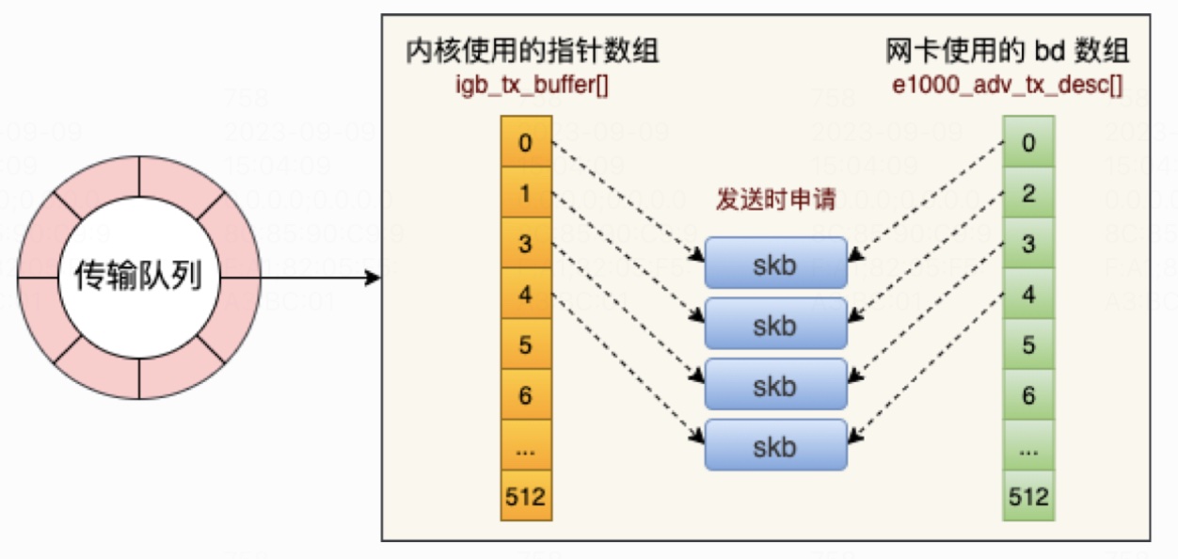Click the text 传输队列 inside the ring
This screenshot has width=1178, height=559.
click(x=138, y=278)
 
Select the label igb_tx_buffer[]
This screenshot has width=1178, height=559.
click(x=532, y=84)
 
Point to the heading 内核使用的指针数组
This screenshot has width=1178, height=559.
click(x=532, y=51)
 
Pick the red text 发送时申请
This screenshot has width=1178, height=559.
click(x=776, y=203)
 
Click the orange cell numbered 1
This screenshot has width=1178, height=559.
click(x=525, y=194)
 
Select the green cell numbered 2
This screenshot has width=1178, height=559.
click(x=1028, y=194)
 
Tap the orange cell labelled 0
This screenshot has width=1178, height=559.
click(x=525, y=143)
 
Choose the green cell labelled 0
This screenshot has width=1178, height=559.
click(x=1028, y=143)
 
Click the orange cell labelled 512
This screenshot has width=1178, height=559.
click(x=525, y=496)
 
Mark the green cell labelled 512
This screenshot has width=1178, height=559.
click(x=1028, y=496)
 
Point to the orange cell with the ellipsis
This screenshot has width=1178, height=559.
click(x=525, y=446)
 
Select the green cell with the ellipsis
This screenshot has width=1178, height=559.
click(x=1028, y=446)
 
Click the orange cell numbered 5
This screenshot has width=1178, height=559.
click(x=525, y=344)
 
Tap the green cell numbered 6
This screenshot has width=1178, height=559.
click(x=1028, y=395)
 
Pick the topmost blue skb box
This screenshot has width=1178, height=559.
click(x=776, y=264)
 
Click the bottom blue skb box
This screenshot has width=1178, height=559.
click(x=776, y=446)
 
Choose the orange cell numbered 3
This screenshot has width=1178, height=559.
click(x=525, y=244)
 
